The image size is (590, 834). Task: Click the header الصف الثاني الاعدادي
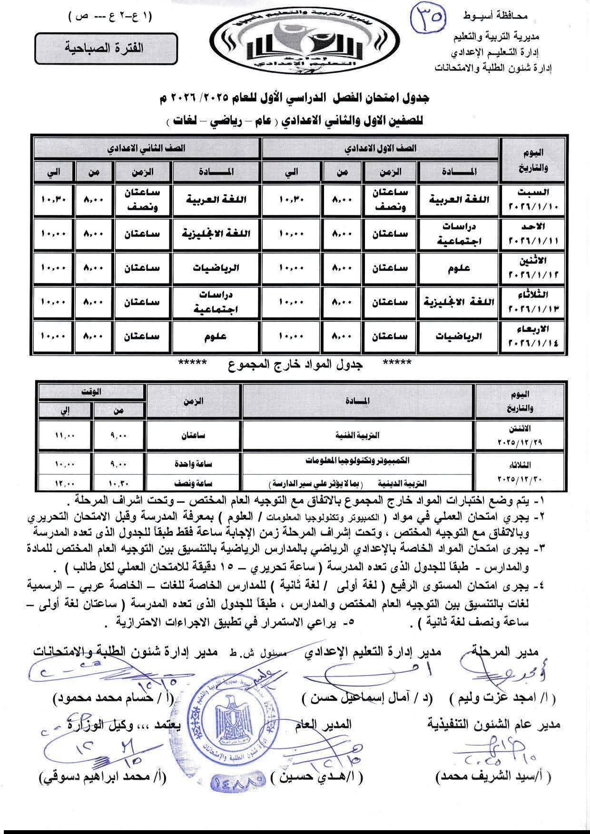click(x=146, y=148)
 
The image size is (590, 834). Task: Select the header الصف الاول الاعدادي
click(x=381, y=148)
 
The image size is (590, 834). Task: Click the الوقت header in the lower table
click(x=91, y=392)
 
